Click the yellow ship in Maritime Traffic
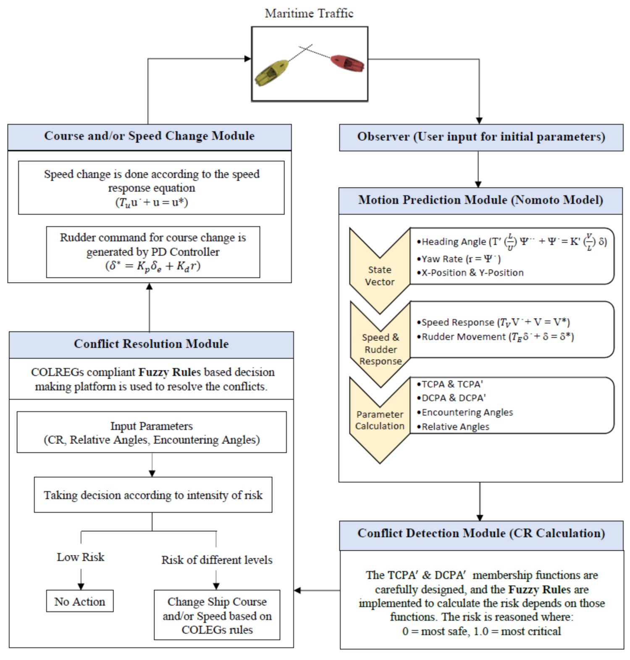pyautogui.click(x=271, y=72)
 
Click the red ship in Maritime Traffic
pyautogui.click(x=347, y=63)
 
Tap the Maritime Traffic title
pyautogui.click(x=309, y=13)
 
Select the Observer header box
pyautogui.click(x=481, y=137)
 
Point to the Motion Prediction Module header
pyautogui.click(x=480, y=201)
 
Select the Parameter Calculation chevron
pyautogui.click(x=380, y=420)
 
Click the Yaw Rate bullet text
pyautogui.click(x=461, y=259)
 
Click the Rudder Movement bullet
pyautogui.click(x=497, y=337)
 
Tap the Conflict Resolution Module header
pyautogui.click(x=151, y=344)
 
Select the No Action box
pyautogui.click(x=80, y=602)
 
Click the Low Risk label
pyautogui.click(x=81, y=557)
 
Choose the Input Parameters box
pyautogui.click(x=152, y=432)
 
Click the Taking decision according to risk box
pyautogui.click(x=153, y=495)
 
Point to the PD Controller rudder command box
pyautogui.click(x=153, y=252)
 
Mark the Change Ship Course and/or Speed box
pyautogui.click(x=217, y=615)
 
